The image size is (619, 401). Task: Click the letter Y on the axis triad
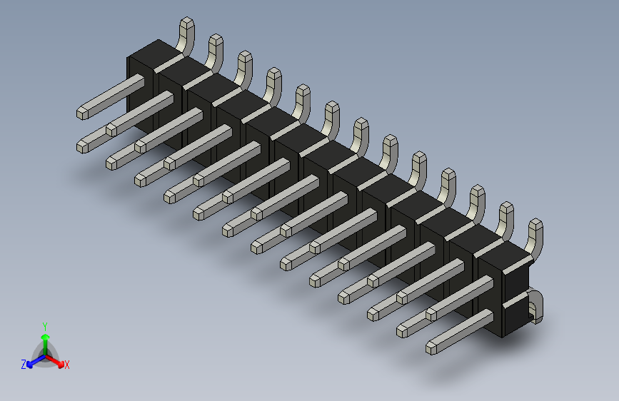pyautogui.click(x=44, y=325)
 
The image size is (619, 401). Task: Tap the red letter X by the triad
pyautogui.click(x=67, y=365)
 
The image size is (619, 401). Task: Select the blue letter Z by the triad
pyautogui.click(x=24, y=365)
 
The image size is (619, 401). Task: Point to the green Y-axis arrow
pyautogui.click(x=45, y=340)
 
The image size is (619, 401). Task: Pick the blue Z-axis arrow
pyautogui.click(x=33, y=361)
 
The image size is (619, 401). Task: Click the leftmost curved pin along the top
pyautogui.click(x=185, y=35)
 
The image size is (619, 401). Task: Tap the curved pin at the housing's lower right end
pyautogui.click(x=535, y=306)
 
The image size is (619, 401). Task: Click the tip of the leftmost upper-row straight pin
pyautogui.click(x=84, y=112)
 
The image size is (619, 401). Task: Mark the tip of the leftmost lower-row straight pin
pyautogui.click(x=84, y=146)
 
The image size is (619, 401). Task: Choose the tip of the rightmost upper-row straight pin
pyautogui.click(x=433, y=314)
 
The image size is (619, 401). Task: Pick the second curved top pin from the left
pyautogui.click(x=215, y=51)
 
